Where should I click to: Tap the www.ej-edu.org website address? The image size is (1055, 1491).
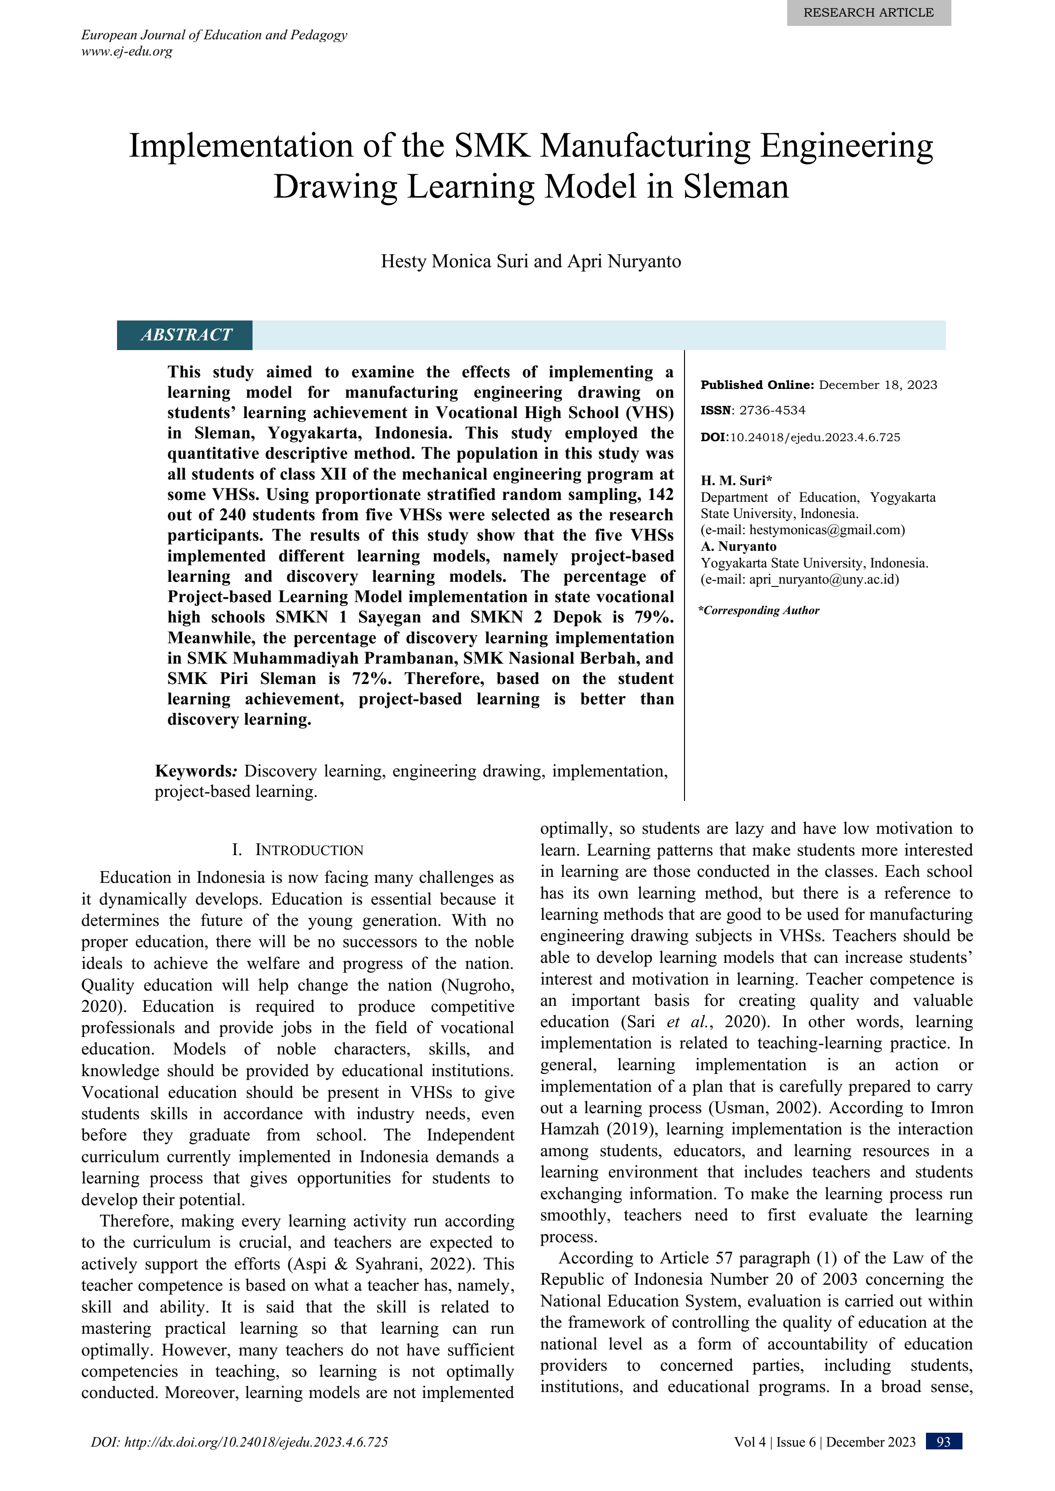pos(127,51)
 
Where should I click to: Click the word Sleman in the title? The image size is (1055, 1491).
pos(735,187)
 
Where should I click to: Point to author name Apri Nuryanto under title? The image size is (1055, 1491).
pos(624,262)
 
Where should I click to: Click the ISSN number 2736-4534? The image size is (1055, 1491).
pos(772,410)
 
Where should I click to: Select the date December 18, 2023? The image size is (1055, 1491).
pos(878,385)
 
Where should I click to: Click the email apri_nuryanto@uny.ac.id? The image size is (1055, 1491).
pos(823,580)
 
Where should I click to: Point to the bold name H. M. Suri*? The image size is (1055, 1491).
pos(736,481)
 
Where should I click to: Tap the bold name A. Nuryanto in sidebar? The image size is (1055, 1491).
pos(739,547)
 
